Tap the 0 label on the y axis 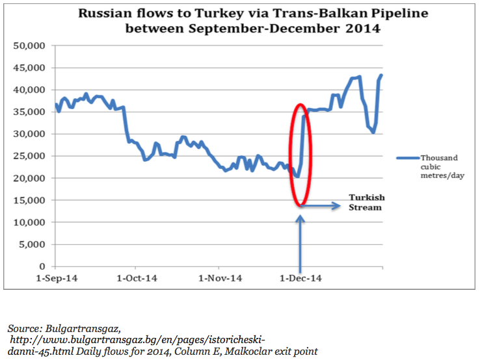click(43, 266)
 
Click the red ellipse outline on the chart click(289, 156)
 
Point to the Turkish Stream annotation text click(365, 202)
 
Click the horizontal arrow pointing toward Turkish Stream click(322, 206)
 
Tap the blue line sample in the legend click(407, 157)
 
